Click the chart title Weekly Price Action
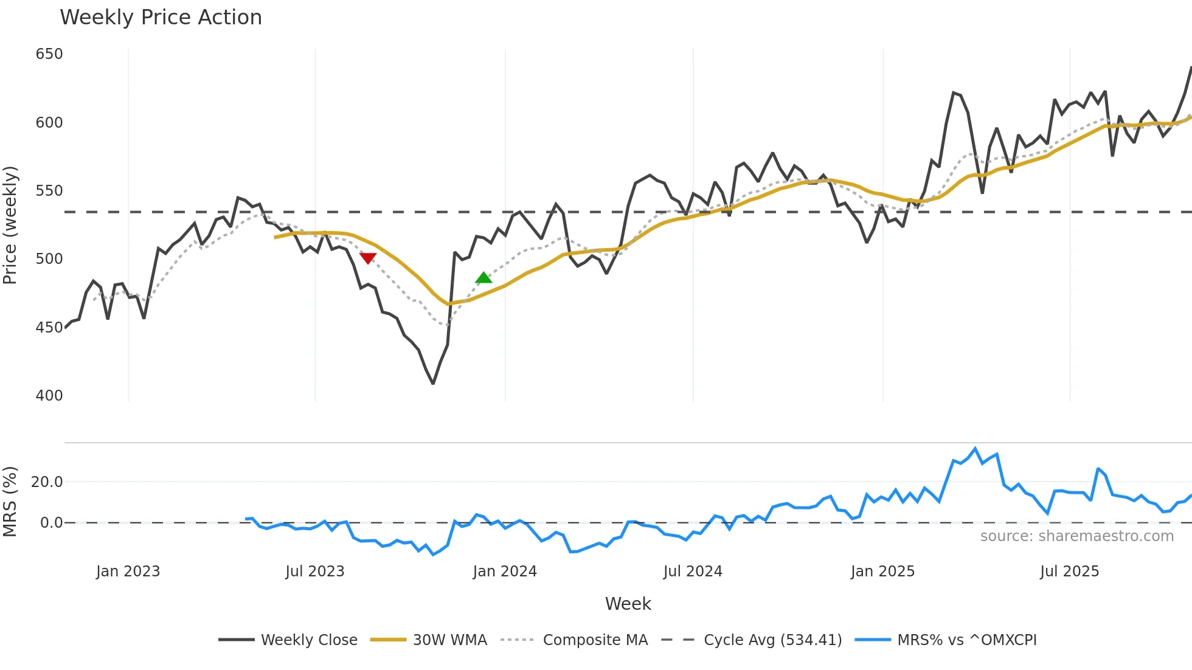161,18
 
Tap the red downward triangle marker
368,258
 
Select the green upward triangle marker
483,278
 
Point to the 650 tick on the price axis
49,54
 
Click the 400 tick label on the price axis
49,396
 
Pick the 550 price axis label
49,191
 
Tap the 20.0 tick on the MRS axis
47,482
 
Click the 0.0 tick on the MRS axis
51,523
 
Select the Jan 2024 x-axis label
505,572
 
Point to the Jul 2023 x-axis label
315,572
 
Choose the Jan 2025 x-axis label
882,572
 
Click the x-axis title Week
628,604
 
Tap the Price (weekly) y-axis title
10,225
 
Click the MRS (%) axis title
10,502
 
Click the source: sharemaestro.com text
1076,536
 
